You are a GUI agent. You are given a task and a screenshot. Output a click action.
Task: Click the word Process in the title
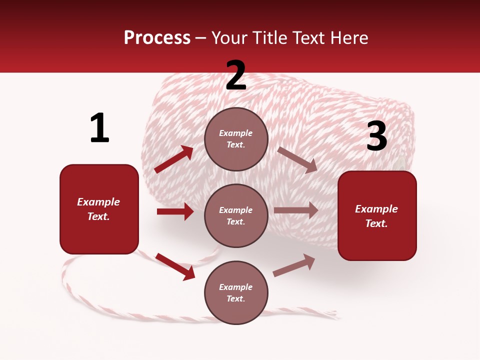(157, 37)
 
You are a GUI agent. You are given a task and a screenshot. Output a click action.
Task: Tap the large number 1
(99, 128)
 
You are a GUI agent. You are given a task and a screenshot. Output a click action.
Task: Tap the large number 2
(236, 75)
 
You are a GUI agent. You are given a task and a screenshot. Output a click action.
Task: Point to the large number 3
(376, 136)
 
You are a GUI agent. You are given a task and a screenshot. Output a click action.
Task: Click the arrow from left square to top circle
(174, 159)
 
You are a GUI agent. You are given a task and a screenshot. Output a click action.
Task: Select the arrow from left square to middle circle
(175, 211)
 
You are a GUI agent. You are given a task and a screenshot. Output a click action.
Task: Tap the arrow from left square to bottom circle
(175, 266)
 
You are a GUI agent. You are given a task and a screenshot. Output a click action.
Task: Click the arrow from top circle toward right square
(297, 159)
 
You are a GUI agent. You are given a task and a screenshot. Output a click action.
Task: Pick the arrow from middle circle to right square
(296, 210)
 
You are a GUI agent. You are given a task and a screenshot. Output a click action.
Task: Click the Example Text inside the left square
(99, 209)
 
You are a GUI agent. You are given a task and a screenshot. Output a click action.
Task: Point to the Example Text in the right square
(377, 216)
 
